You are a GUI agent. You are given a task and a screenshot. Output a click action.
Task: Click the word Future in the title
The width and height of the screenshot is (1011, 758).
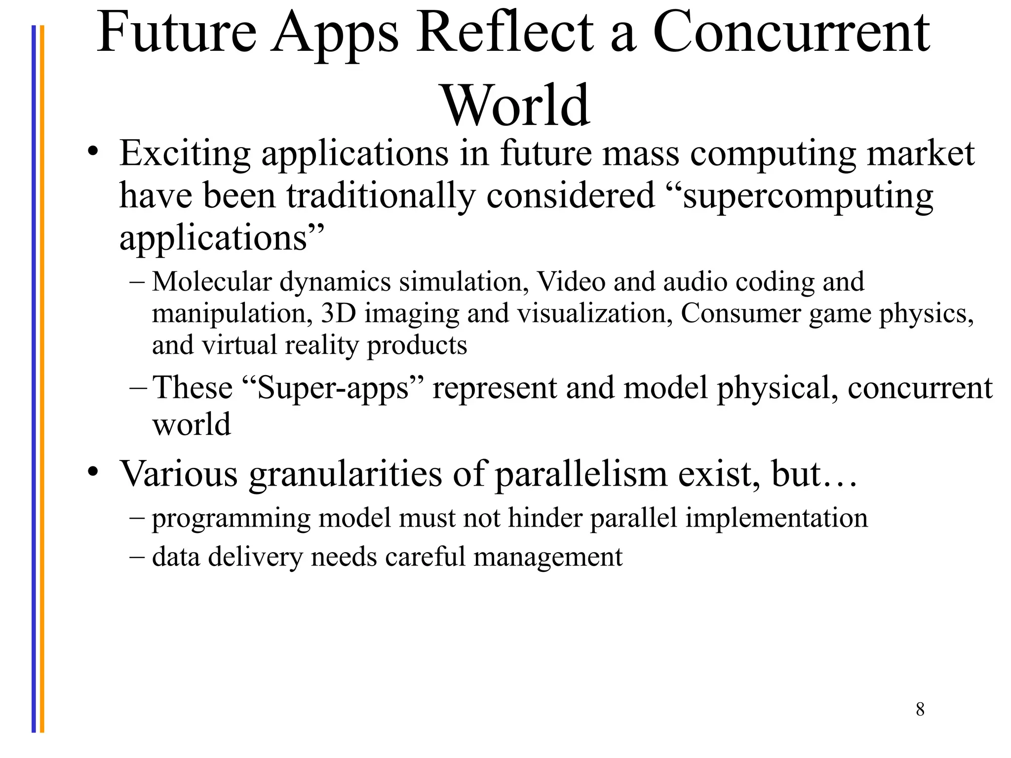tap(177, 34)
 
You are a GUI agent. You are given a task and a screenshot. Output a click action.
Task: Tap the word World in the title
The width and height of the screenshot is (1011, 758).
tap(516, 106)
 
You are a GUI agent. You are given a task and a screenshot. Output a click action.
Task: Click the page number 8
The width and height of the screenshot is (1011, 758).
tap(920, 709)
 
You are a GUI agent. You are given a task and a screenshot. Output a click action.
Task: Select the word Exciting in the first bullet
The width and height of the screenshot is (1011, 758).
tap(185, 154)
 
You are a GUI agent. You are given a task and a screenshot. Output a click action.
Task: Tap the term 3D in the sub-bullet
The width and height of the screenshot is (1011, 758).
tap(339, 313)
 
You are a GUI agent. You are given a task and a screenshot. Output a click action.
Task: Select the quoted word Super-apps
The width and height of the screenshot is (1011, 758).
tap(334, 388)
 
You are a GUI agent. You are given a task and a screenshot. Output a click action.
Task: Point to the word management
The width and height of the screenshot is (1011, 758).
tap(548, 557)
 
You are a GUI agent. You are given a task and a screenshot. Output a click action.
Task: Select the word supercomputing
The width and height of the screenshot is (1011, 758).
tap(808, 196)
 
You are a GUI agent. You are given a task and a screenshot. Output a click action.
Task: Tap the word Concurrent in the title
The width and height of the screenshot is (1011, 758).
tap(791, 34)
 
